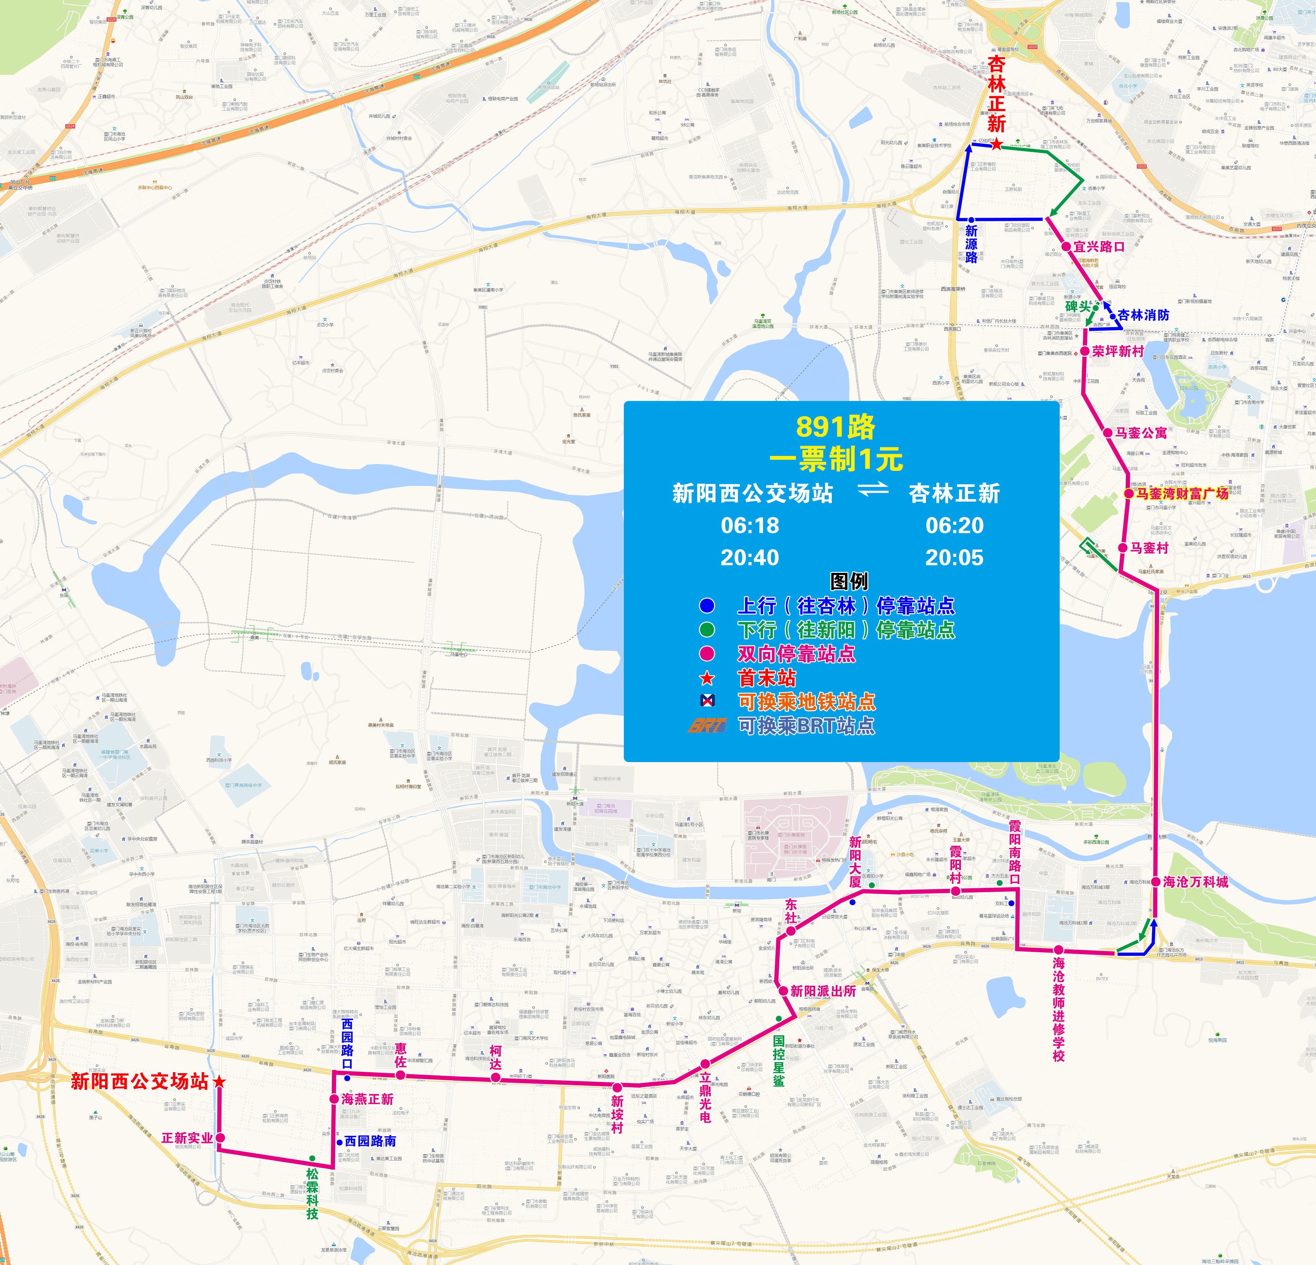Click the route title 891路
point(836,427)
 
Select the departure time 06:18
point(750,525)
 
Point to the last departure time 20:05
point(954,558)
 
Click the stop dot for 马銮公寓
point(1108,433)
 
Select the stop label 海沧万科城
point(1196,882)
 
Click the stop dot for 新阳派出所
point(783,990)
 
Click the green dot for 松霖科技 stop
point(312,1158)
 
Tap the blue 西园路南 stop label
point(370,1141)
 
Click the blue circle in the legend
point(707,605)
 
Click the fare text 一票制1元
point(836,460)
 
